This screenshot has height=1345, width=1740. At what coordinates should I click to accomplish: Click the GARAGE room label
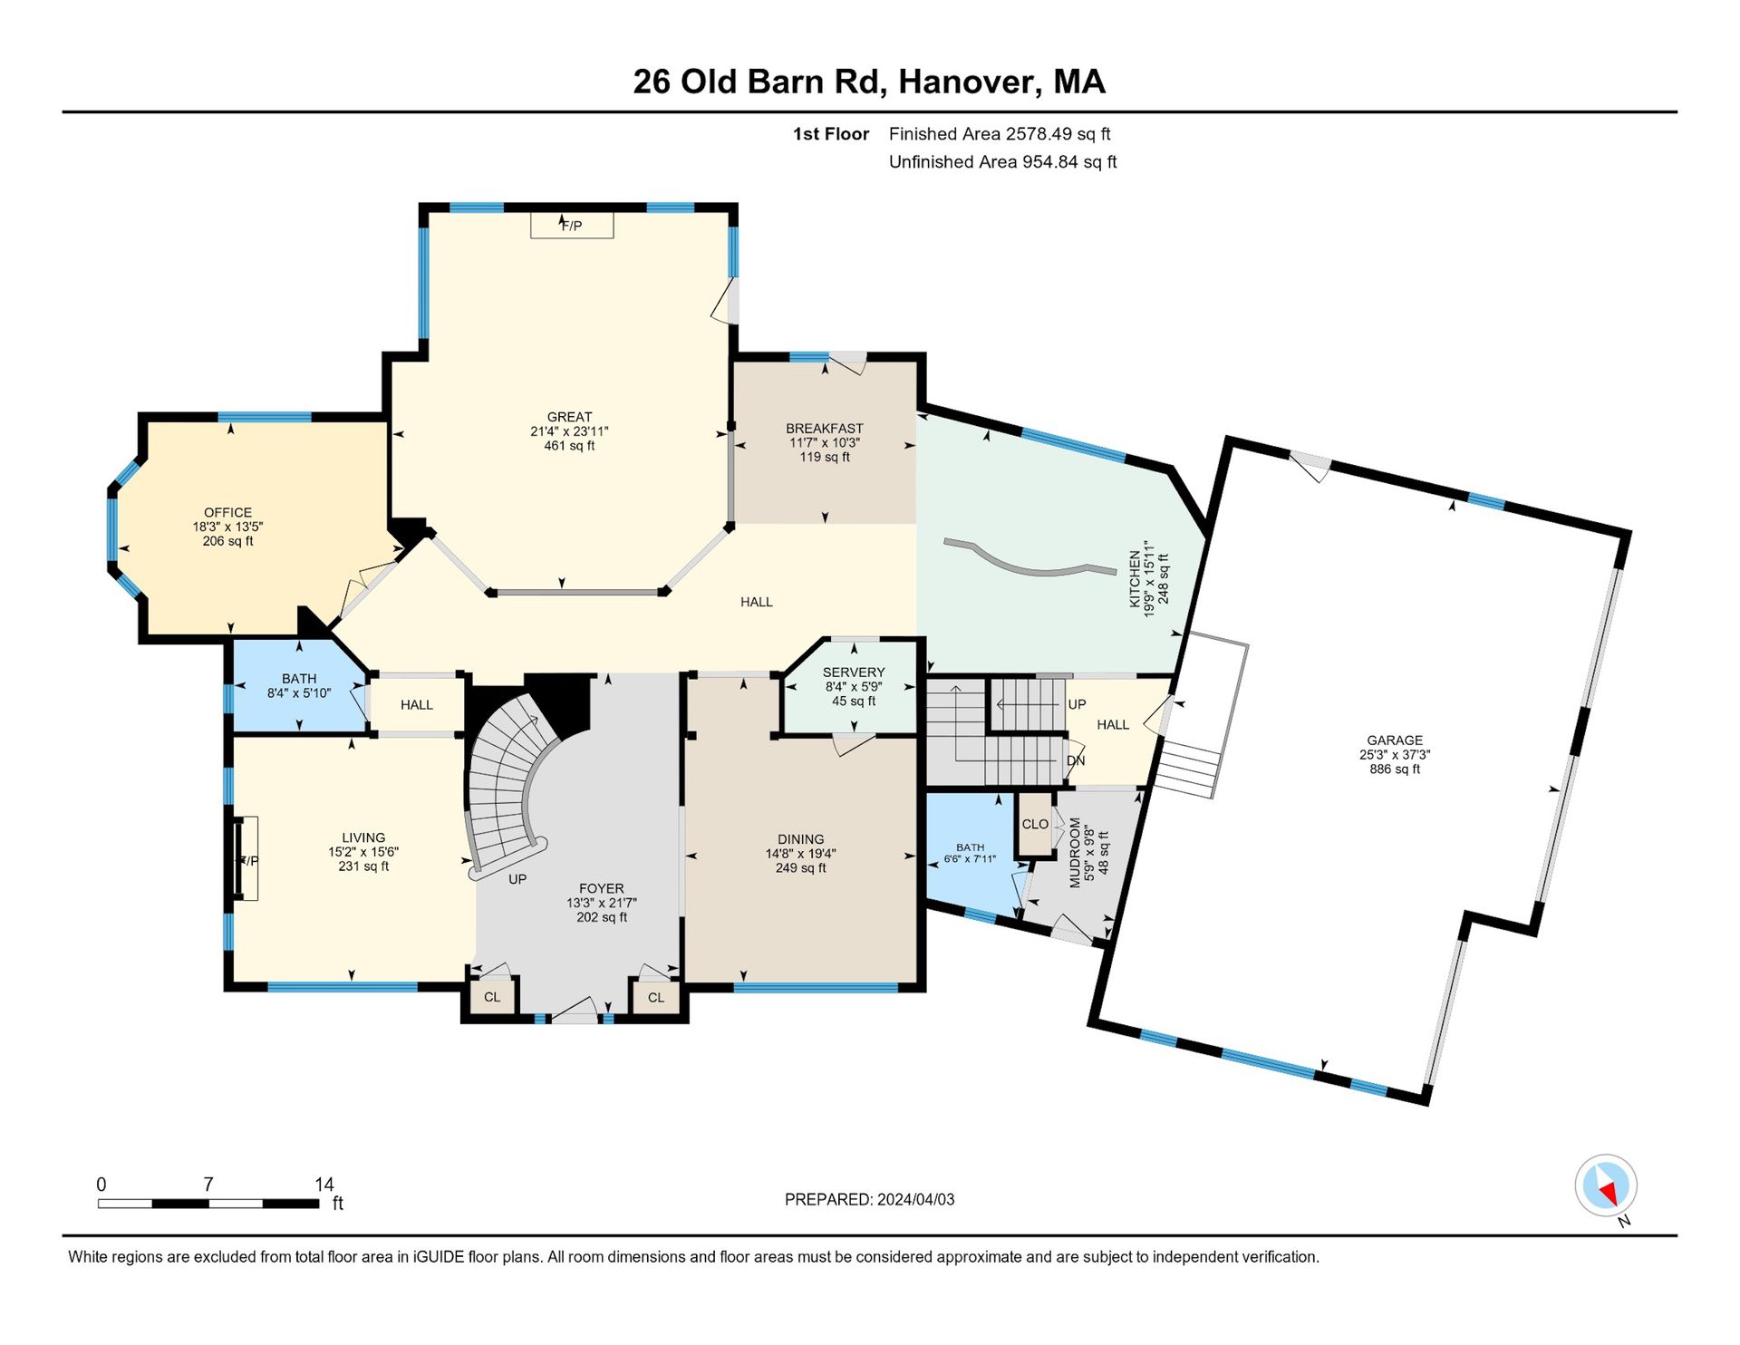(x=1395, y=740)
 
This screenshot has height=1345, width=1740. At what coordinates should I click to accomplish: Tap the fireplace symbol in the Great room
(x=572, y=226)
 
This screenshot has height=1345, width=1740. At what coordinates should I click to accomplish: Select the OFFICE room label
(x=228, y=513)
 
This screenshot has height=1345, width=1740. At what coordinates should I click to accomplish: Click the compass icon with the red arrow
(x=1606, y=1185)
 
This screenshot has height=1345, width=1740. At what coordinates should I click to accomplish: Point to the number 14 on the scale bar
(x=324, y=1185)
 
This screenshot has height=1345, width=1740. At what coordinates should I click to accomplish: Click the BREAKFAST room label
(x=825, y=429)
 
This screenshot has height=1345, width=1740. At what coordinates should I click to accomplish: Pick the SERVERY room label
(x=854, y=672)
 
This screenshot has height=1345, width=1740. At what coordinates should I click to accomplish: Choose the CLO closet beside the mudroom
(x=1035, y=824)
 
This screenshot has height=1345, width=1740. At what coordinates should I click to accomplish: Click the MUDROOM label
(x=1076, y=853)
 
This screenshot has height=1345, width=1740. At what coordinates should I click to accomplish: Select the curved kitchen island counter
(x=1029, y=559)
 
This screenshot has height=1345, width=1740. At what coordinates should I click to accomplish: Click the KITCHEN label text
(x=1135, y=578)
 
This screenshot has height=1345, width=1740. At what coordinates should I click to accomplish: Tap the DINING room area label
(x=801, y=839)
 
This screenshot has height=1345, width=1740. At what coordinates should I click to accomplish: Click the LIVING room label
(x=363, y=837)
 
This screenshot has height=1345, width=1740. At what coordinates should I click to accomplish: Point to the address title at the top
(x=869, y=82)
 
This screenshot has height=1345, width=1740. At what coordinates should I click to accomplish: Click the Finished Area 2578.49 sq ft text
(x=1000, y=134)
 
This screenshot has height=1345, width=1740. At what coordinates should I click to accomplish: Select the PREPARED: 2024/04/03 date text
(x=870, y=1199)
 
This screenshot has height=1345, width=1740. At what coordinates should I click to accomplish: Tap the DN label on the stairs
(x=1076, y=760)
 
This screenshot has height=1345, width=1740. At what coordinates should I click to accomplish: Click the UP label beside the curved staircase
(x=517, y=879)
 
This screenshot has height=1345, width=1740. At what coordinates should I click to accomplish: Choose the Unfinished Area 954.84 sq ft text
(x=1003, y=162)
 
